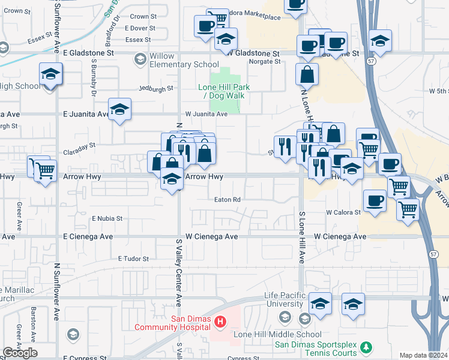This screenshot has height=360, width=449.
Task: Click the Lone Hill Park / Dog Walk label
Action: [224, 91]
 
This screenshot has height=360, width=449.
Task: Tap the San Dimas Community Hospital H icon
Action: [220, 323]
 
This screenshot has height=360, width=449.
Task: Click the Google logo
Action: [20, 353]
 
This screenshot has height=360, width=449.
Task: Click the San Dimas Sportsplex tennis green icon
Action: [366, 347]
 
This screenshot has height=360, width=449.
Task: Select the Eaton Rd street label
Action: [229, 200]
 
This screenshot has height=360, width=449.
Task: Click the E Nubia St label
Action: [107, 218]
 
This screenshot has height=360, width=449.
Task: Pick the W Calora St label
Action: [343, 212]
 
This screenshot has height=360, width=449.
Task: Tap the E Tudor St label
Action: [133, 259]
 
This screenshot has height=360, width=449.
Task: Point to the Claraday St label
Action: [80, 146]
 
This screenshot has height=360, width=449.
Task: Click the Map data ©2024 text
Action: [423, 355]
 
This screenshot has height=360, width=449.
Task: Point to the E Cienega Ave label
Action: [88, 237]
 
